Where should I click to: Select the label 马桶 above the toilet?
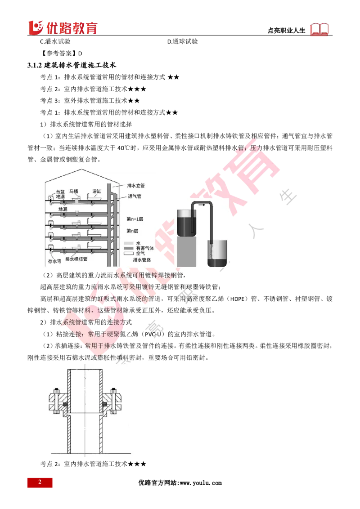pos(74,191)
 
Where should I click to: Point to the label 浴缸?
pos(97,191)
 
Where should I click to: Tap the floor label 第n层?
pos(133,231)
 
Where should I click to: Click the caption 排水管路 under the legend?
pos(142,260)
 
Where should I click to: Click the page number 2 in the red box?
pos(40,482)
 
